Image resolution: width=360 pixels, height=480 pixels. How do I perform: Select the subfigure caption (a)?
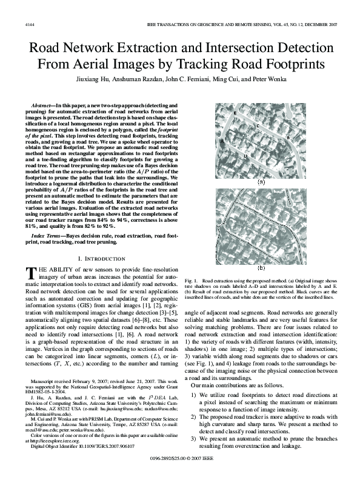(x=261, y=181)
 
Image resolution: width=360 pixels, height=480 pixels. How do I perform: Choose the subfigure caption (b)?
(x=261, y=267)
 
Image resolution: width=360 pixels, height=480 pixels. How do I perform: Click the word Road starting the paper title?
(x=46, y=50)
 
